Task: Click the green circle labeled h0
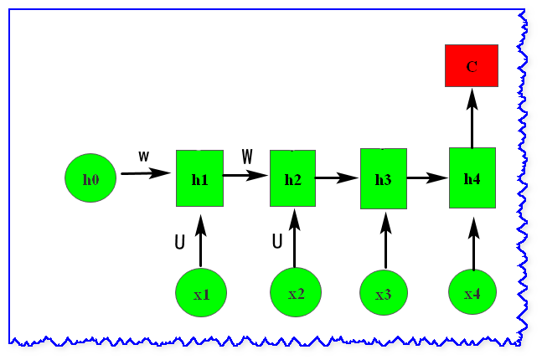pyautogui.click(x=90, y=178)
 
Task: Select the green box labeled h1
pyautogui.click(x=199, y=178)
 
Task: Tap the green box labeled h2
pyautogui.click(x=292, y=178)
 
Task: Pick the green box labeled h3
pyautogui.click(x=383, y=178)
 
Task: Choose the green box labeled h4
pyautogui.click(x=472, y=177)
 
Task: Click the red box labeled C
pyautogui.click(x=472, y=66)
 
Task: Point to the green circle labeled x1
pyautogui.click(x=201, y=293)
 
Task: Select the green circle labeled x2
pyautogui.click(x=296, y=292)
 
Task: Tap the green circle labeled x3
pyautogui.click(x=384, y=293)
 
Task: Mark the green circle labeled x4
pyautogui.click(x=472, y=293)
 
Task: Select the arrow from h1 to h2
pyautogui.click(x=245, y=176)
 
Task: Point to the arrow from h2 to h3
pyautogui.click(x=337, y=177)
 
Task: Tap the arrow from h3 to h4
pyautogui.click(x=427, y=177)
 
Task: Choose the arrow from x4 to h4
pyautogui.click(x=473, y=244)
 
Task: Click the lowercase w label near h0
pyautogui.click(x=144, y=157)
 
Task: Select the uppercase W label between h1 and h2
pyautogui.click(x=247, y=157)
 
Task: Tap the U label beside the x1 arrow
pyautogui.click(x=179, y=243)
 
